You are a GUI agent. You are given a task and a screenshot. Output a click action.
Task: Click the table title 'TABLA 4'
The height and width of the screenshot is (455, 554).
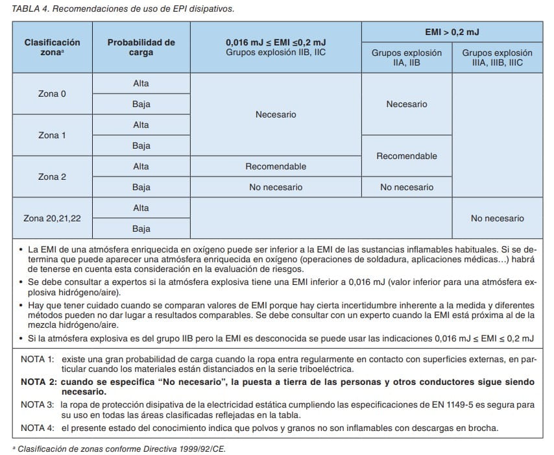(x=31, y=9)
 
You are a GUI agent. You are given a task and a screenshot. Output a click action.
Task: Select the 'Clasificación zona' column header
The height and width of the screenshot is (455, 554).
(x=53, y=47)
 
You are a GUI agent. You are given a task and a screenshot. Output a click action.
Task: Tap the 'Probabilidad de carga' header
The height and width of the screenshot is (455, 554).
(x=141, y=47)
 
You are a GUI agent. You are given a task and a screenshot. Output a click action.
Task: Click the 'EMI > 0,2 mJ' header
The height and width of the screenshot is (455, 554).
(x=452, y=32)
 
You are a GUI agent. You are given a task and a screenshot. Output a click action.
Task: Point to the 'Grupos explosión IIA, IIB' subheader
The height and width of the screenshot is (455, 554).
(x=407, y=58)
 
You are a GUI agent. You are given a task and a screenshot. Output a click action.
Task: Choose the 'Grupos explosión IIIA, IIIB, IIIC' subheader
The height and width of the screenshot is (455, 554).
(x=497, y=58)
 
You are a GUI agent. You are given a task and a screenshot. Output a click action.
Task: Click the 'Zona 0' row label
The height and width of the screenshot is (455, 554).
(x=53, y=93)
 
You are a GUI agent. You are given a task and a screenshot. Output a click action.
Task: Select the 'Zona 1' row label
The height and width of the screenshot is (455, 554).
(x=53, y=135)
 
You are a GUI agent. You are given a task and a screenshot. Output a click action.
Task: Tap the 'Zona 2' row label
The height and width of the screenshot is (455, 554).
(x=53, y=177)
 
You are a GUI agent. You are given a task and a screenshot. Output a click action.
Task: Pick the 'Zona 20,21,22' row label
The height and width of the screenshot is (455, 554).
(x=53, y=218)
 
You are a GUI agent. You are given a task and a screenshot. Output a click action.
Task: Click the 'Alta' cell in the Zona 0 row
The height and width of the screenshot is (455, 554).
(x=141, y=83)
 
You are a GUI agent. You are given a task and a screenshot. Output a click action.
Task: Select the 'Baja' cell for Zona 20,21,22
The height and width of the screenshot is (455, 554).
(x=141, y=228)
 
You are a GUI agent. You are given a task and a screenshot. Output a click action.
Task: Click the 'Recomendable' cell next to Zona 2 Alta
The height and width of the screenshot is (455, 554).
(x=276, y=166)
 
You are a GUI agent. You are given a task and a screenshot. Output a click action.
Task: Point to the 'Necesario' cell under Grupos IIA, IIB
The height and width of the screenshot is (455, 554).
(x=407, y=104)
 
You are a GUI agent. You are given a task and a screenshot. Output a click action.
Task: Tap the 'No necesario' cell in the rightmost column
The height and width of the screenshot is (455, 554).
(x=497, y=218)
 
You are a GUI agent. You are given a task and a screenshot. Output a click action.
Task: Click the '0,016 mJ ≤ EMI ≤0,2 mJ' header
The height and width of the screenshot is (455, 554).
(x=276, y=42)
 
